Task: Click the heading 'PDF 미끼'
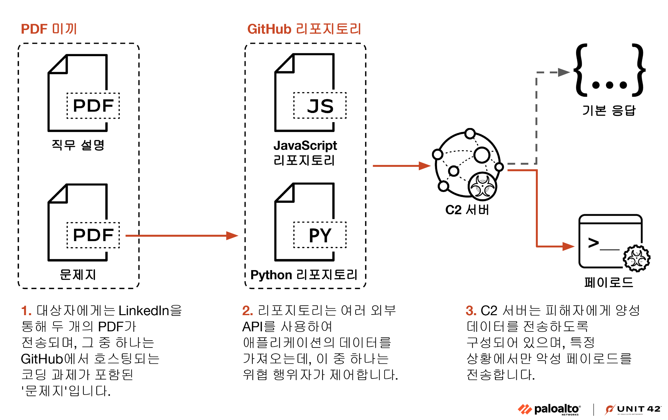(49, 29)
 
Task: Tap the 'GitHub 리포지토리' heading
(304, 29)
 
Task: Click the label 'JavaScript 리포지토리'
(305, 153)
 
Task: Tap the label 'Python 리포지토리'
(304, 275)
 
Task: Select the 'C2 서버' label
(467, 210)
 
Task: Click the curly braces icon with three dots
(609, 71)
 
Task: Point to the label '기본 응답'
(609, 110)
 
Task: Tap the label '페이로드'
(609, 282)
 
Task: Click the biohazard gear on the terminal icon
(636, 258)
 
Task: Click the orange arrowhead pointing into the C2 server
(425, 166)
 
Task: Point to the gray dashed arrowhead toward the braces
(563, 72)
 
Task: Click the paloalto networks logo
(549, 410)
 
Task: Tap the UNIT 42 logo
(633, 410)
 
